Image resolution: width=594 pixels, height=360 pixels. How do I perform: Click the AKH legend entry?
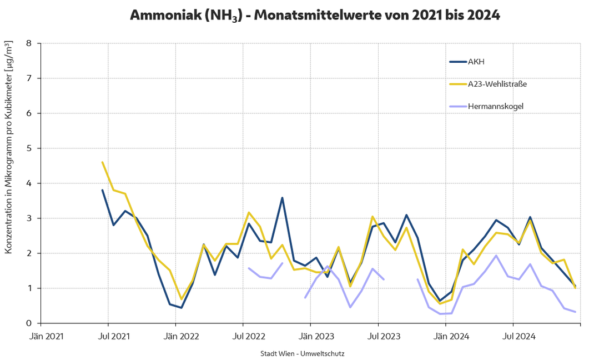tap(477, 62)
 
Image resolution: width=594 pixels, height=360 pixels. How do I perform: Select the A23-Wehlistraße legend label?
tap(497, 84)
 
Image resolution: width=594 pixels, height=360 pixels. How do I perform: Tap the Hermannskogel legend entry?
tap(495, 106)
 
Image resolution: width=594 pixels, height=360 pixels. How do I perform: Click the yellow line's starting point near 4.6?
tap(102, 162)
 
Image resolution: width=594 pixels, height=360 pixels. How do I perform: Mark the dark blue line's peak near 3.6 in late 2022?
tap(282, 198)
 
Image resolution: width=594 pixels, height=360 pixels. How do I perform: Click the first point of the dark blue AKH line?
tap(102, 190)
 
